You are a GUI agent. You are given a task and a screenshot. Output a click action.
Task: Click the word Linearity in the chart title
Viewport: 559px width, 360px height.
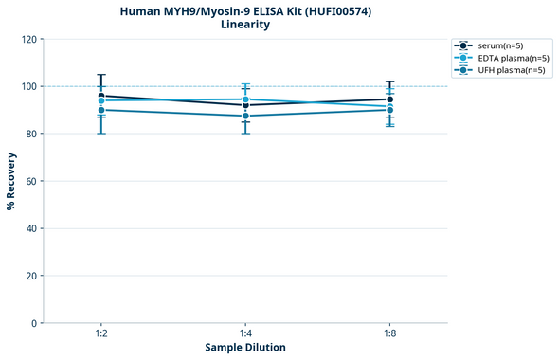[244, 25]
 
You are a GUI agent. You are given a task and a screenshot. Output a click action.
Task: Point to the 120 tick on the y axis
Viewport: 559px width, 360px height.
[29, 39]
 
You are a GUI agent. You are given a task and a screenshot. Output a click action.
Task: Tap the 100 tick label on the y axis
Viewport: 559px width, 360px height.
[29, 86]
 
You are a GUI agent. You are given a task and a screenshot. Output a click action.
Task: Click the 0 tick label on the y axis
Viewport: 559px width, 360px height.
[34, 323]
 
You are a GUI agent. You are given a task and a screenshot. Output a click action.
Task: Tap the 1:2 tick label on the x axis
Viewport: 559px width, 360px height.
[101, 334]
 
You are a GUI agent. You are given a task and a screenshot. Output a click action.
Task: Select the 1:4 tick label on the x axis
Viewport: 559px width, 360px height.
[245, 334]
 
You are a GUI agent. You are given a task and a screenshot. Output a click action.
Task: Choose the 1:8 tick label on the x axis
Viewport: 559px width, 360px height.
[389, 334]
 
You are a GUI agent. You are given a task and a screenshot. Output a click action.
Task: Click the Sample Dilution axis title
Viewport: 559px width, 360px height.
[245, 348]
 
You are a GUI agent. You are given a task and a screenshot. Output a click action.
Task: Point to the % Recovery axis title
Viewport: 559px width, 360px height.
[11, 180]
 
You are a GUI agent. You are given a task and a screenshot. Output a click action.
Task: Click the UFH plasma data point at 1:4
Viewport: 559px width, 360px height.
[245, 116]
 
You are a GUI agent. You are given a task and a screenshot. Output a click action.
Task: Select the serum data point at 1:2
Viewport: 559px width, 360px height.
[101, 96]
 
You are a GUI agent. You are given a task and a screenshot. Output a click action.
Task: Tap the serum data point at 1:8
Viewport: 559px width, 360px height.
[389, 99]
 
